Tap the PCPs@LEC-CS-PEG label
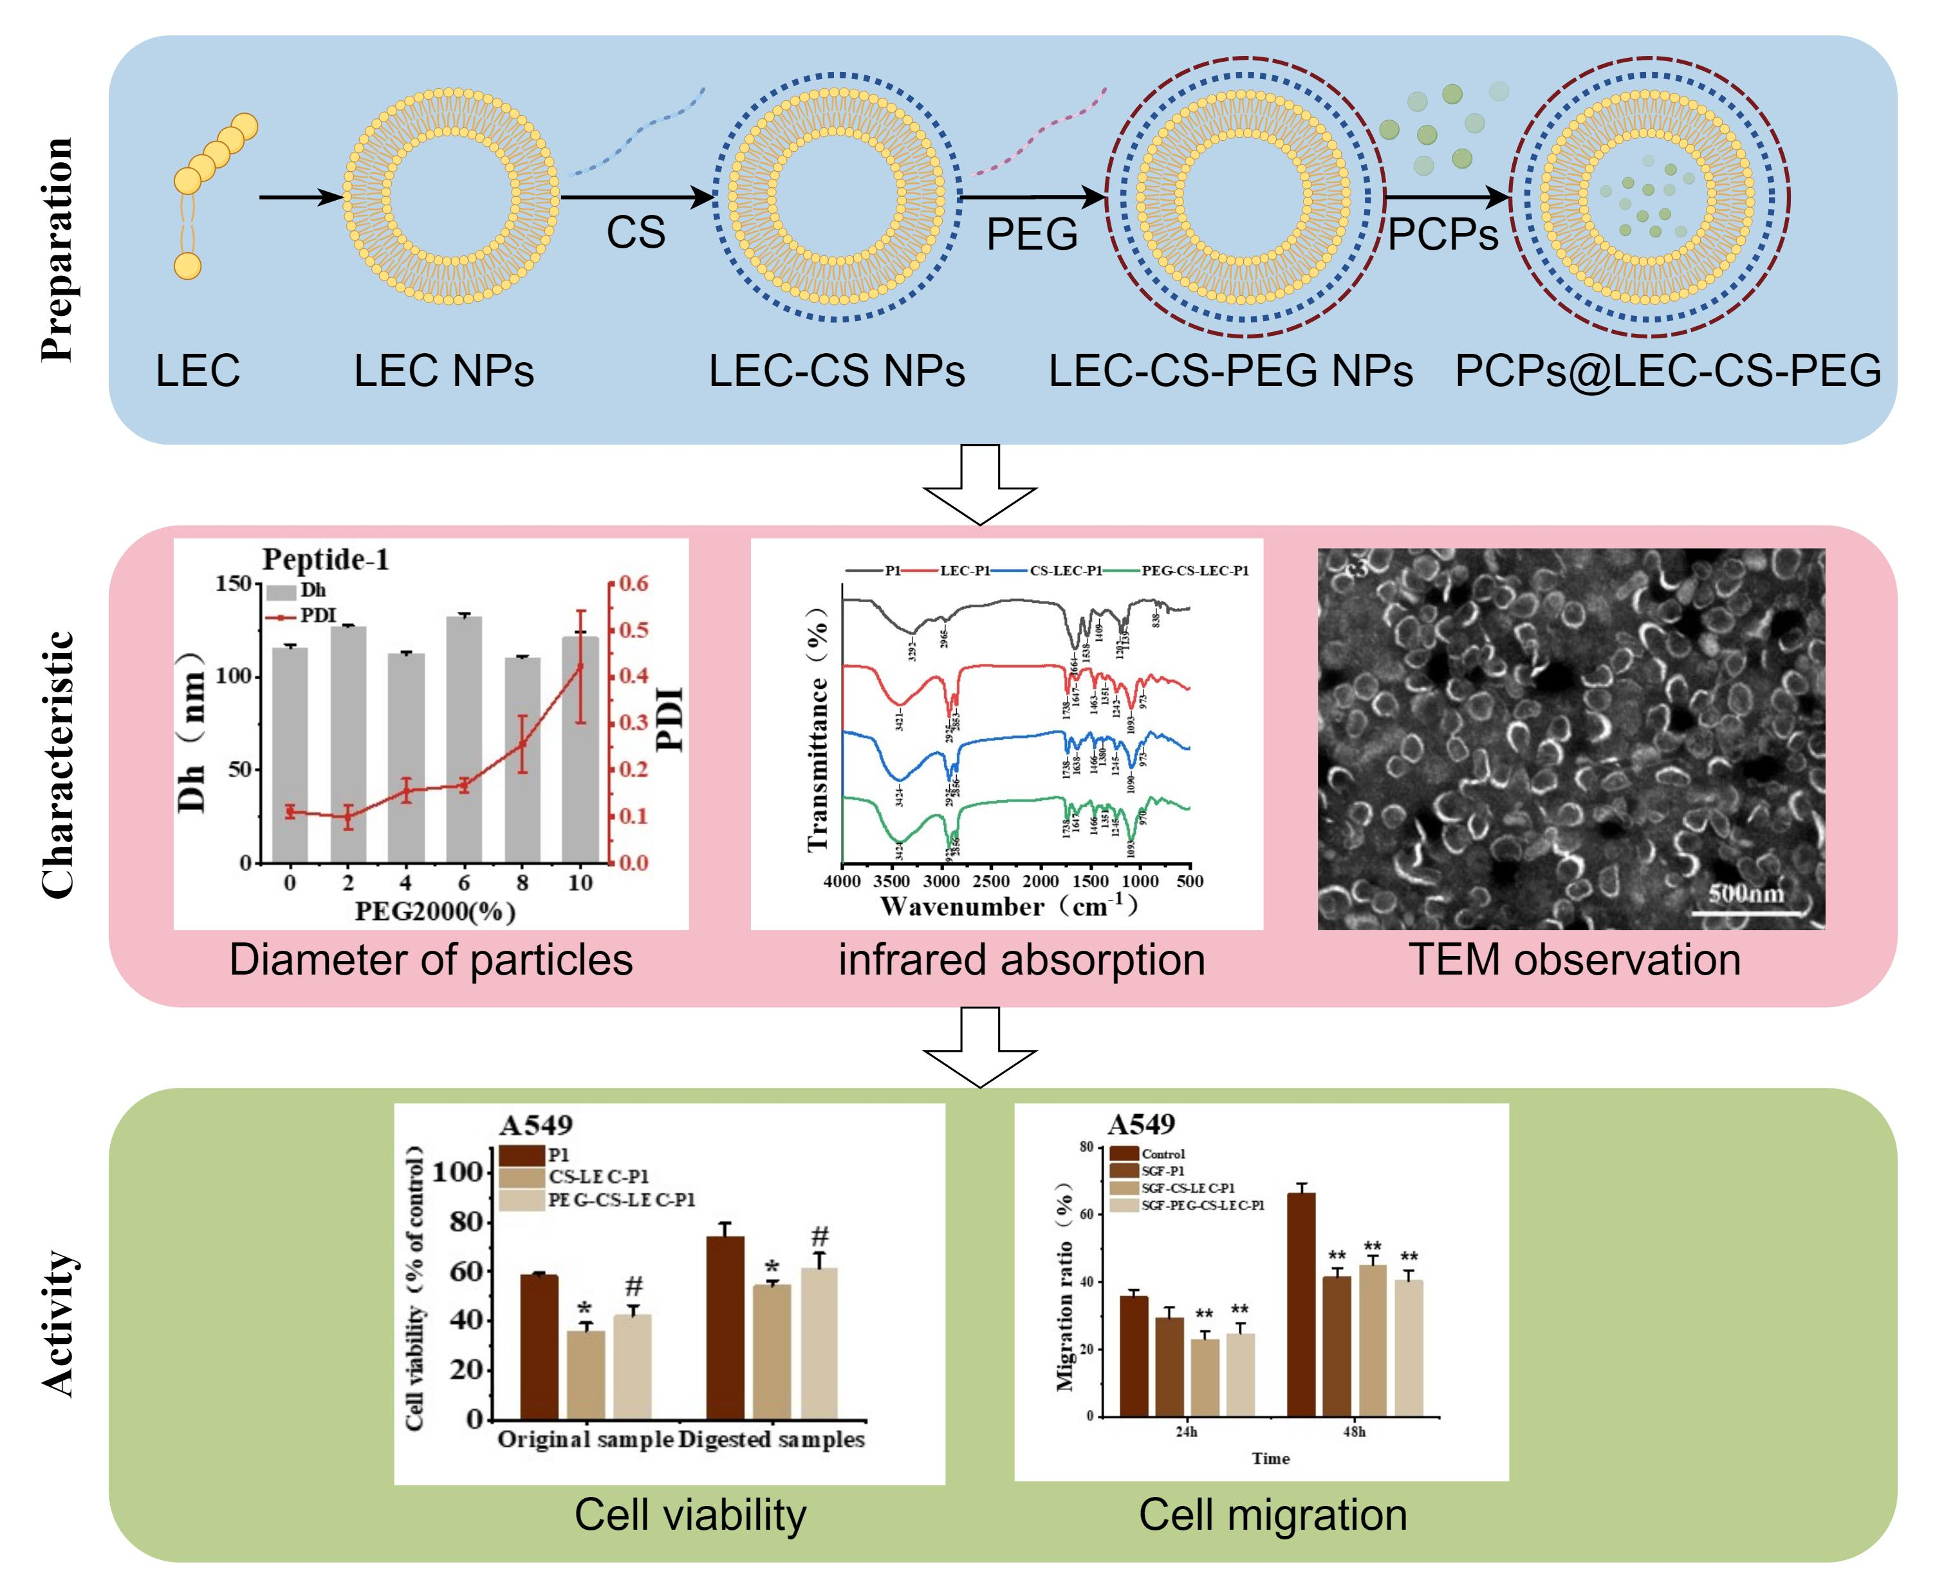[1667, 371]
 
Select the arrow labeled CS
[636, 197]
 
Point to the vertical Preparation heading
[58, 248]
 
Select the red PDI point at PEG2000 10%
[580, 666]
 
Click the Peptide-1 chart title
[326, 559]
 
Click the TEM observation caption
[1575, 960]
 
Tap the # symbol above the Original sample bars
[633, 1286]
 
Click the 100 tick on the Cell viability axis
[456, 1172]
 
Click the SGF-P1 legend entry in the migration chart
[1162, 1170]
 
